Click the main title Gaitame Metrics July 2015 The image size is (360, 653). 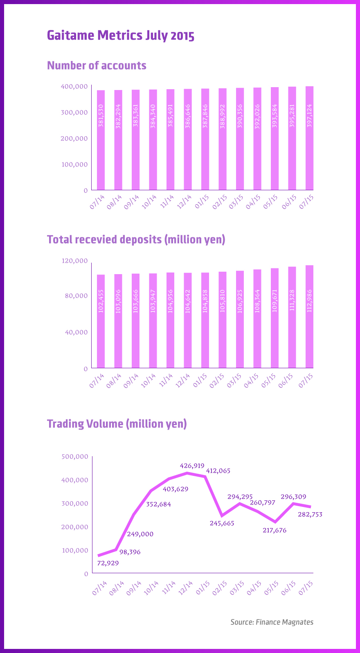pyautogui.click(x=121, y=36)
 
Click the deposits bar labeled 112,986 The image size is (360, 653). pyautogui.click(x=309, y=317)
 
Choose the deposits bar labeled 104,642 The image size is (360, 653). pyautogui.click(x=188, y=320)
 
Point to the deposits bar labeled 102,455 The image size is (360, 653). pyautogui.click(x=101, y=321)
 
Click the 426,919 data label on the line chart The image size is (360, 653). pyautogui.click(x=192, y=466)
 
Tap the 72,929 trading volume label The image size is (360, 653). pyautogui.click(x=108, y=563)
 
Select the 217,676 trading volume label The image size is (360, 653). pyautogui.click(x=274, y=530)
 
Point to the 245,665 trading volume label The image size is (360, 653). pyautogui.click(x=222, y=523)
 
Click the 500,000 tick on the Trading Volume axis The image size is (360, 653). pyautogui.click(x=75, y=457)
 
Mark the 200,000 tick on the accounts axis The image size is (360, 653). pyautogui.click(x=75, y=138)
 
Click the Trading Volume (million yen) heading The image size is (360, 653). pyautogui.click(x=117, y=424)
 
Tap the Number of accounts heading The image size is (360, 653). pyautogui.click(x=97, y=65)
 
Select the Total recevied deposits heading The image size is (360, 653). pyautogui.click(x=136, y=239)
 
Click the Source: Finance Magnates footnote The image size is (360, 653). pyautogui.click(x=272, y=622)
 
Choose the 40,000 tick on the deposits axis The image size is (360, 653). pyautogui.click(x=76, y=332)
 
